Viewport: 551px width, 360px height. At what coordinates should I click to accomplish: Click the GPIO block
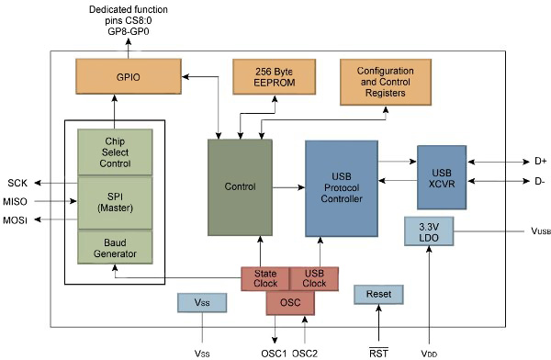tap(128, 77)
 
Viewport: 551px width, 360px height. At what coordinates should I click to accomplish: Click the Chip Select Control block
tap(117, 152)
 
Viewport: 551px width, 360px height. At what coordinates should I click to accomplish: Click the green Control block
tap(240, 187)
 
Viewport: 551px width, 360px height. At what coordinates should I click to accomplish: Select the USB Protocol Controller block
tap(342, 187)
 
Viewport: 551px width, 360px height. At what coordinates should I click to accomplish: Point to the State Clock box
tap(264, 278)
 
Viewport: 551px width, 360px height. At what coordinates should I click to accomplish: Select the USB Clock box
tap(314, 278)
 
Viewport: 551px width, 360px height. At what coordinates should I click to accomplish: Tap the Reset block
tap(378, 295)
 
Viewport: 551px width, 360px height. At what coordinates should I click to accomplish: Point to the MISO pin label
tap(16, 201)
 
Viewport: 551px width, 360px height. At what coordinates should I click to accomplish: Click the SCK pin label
tap(17, 182)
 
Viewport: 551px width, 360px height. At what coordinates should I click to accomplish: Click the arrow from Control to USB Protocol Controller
tap(288, 187)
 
